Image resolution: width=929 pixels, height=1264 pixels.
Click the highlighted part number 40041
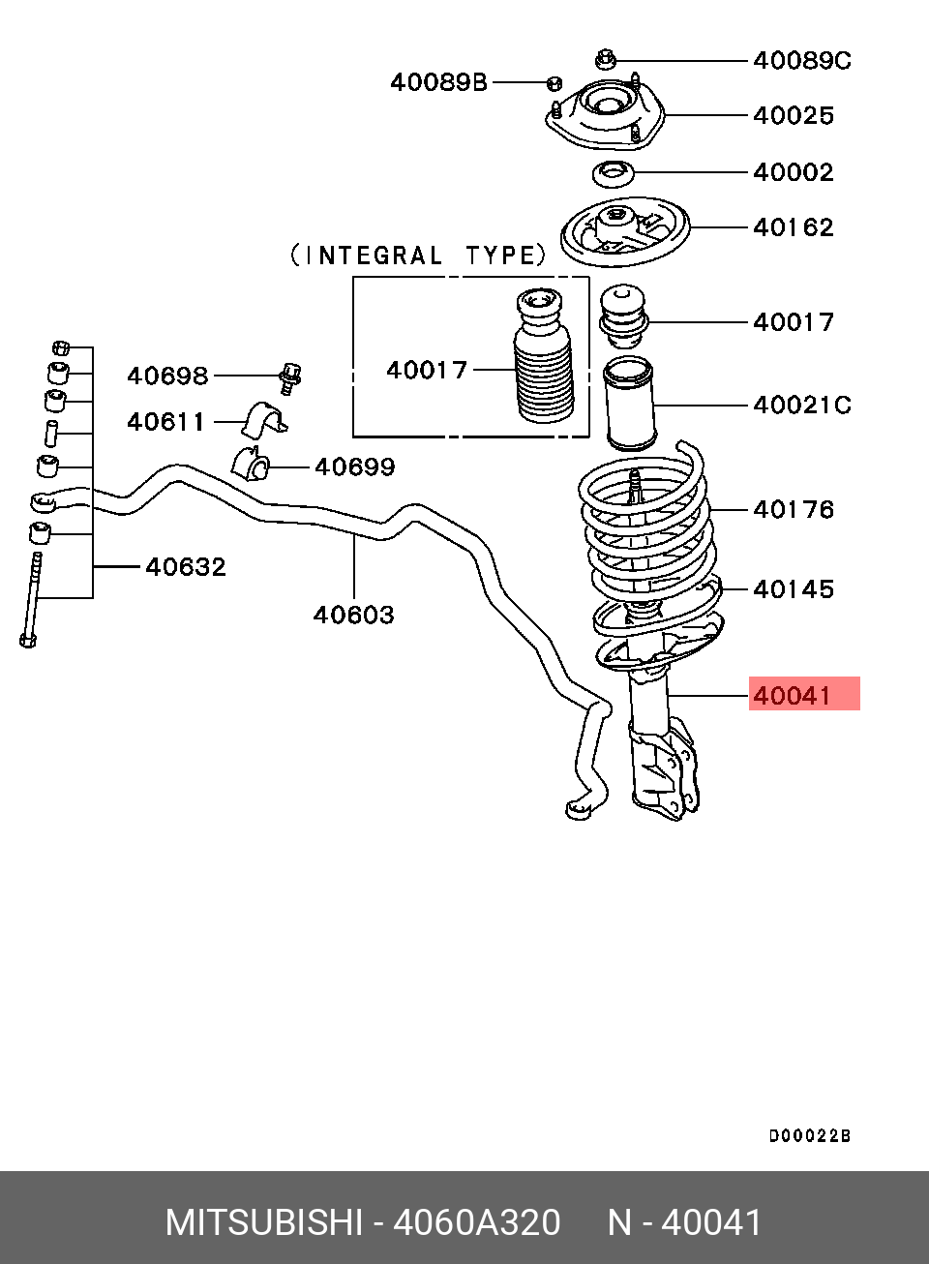point(792,696)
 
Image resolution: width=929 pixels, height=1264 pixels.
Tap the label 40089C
point(802,60)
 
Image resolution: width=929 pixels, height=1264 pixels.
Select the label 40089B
point(438,82)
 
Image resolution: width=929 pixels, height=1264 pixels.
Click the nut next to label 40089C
point(606,59)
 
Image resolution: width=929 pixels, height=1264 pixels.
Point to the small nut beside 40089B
point(554,83)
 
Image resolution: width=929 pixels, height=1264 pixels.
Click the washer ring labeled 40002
point(614,174)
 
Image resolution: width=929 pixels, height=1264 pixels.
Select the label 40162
point(794,227)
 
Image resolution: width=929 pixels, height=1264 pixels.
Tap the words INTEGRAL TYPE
point(418,256)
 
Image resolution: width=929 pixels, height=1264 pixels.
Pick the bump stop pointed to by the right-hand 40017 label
point(622,317)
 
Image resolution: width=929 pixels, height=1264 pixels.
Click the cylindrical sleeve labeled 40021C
point(628,404)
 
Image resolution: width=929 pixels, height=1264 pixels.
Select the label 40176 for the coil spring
point(794,509)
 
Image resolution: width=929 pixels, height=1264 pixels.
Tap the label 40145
point(794,589)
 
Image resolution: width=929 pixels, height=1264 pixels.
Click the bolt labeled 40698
point(290,377)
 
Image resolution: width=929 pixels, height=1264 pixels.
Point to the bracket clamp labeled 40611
point(264,420)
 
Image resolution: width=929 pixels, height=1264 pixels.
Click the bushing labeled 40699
point(251,462)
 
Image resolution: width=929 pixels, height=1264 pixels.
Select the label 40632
point(186,566)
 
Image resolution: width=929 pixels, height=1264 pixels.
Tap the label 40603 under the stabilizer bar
point(353,615)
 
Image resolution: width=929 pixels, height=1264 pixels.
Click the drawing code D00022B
point(810,1136)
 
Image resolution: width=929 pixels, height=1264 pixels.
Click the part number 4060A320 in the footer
point(477,1222)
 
